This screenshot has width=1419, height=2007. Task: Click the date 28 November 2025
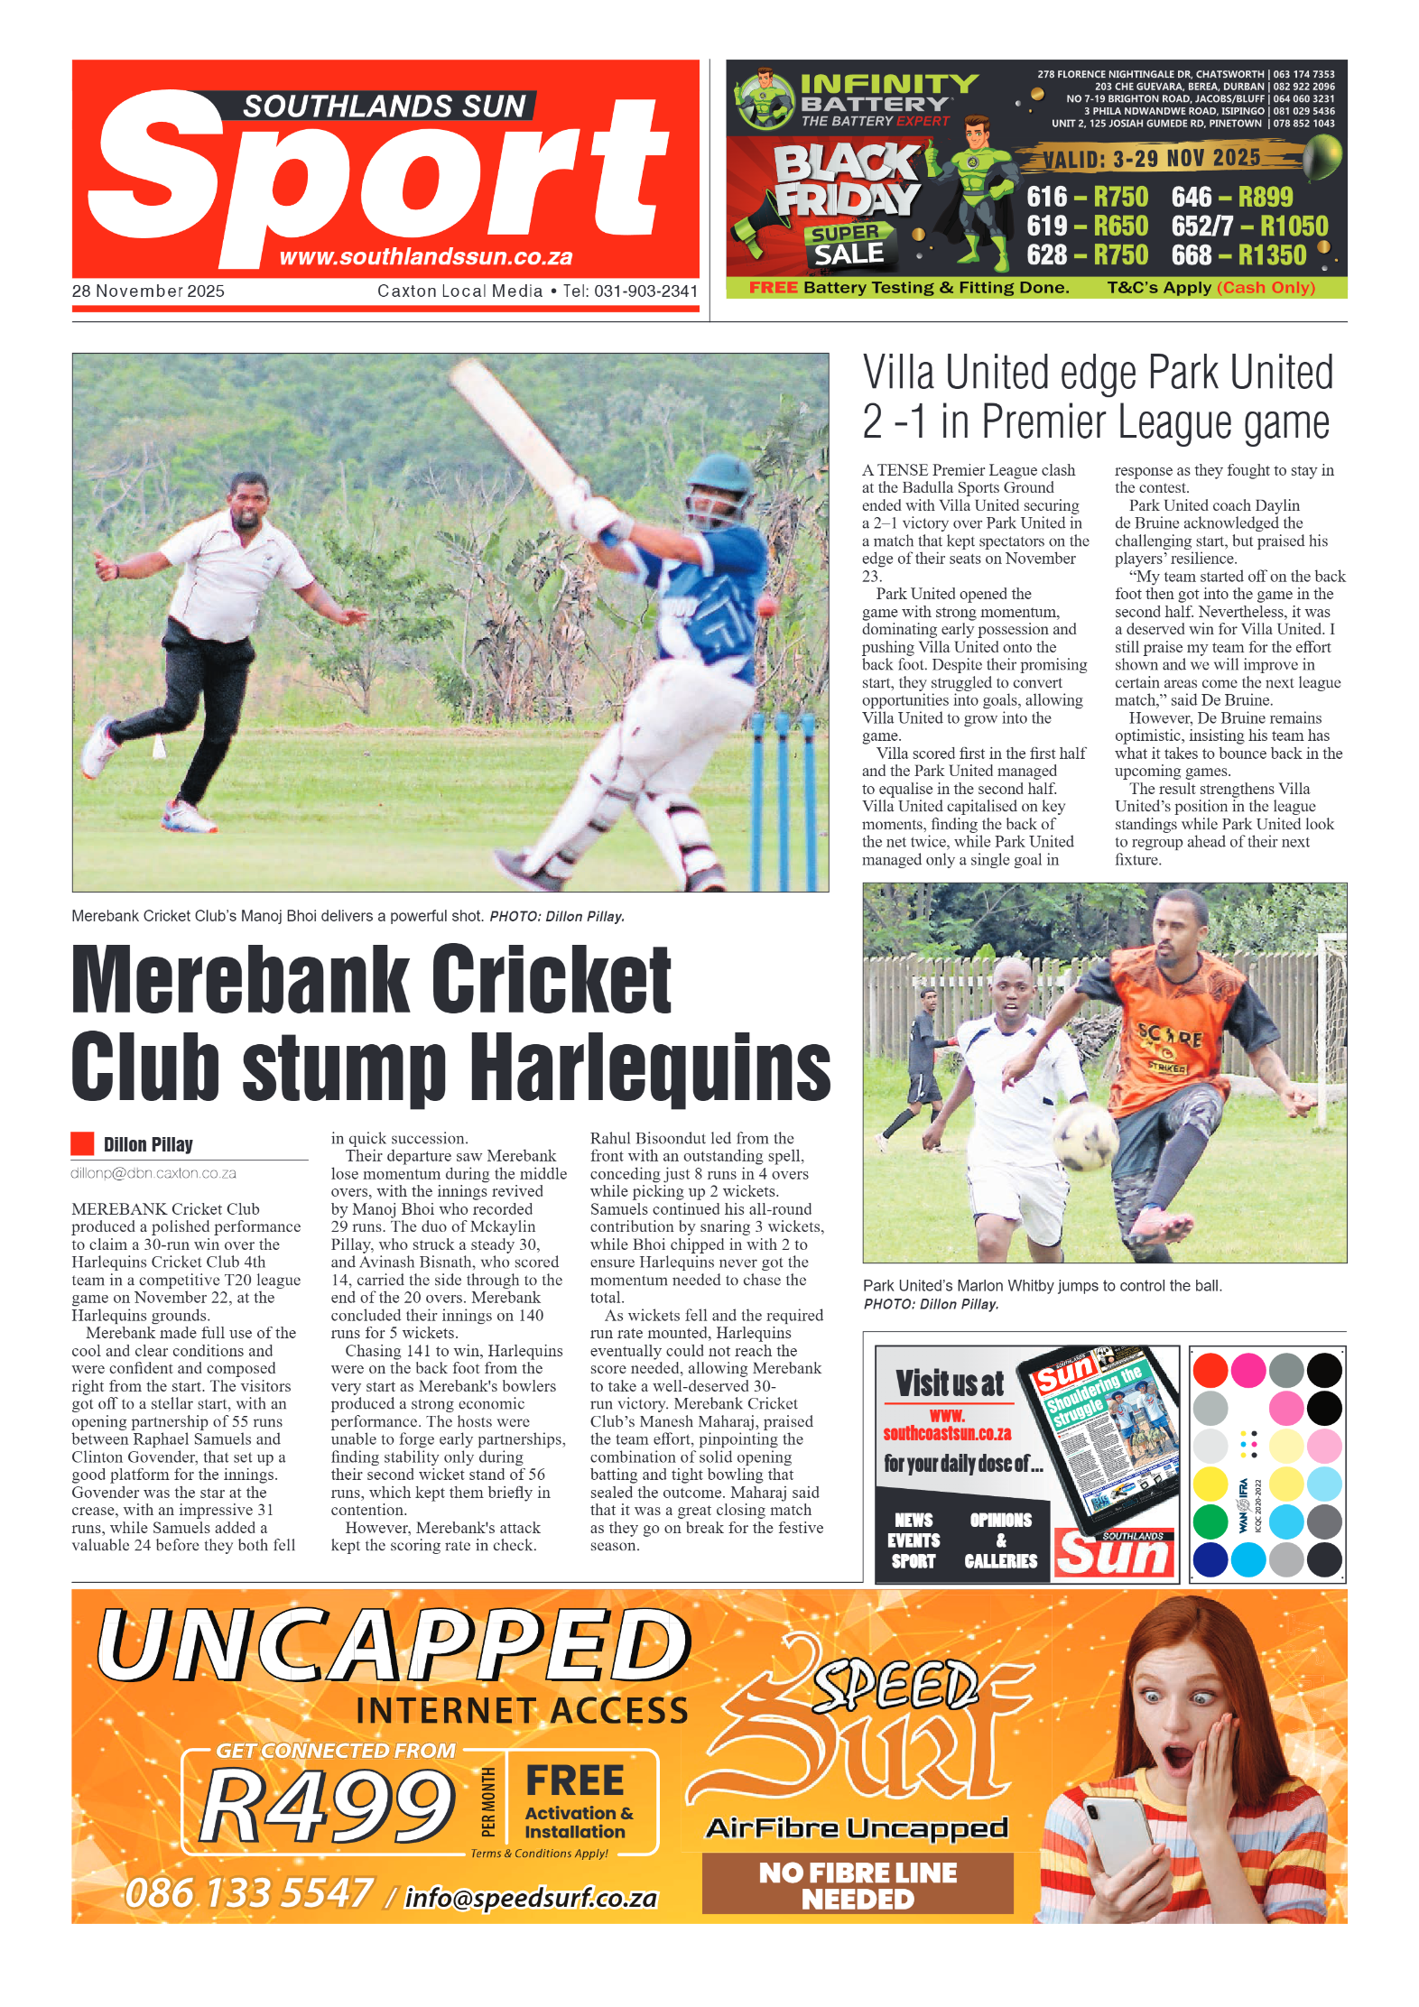point(148,291)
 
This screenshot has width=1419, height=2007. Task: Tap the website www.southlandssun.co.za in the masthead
point(425,257)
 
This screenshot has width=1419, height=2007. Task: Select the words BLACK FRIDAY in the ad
point(846,180)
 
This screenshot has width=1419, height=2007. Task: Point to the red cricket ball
point(769,603)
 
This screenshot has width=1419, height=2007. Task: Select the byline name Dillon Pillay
point(148,1144)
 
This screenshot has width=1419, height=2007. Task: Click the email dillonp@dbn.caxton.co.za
point(153,1173)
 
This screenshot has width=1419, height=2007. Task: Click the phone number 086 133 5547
point(248,1892)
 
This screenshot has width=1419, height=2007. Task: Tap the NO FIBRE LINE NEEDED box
point(857,1885)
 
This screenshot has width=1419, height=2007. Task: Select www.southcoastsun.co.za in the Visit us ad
point(947,1424)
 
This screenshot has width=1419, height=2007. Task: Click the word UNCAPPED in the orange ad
point(394,1647)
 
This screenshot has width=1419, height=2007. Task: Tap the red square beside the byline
point(83,1143)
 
